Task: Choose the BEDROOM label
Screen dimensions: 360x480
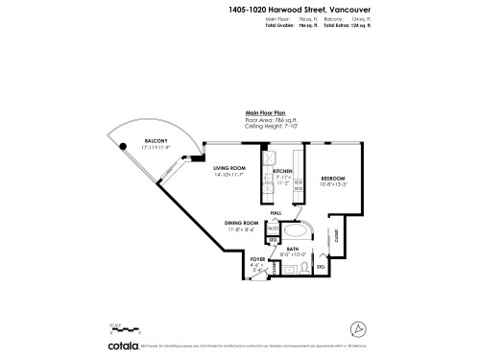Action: click(x=333, y=179)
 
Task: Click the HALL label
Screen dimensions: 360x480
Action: click(x=276, y=212)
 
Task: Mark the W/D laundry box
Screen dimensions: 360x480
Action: click(x=273, y=229)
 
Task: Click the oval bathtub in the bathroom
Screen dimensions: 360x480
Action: click(x=296, y=233)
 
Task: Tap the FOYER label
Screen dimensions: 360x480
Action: click(x=256, y=259)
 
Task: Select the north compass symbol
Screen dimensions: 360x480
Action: click(x=358, y=328)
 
